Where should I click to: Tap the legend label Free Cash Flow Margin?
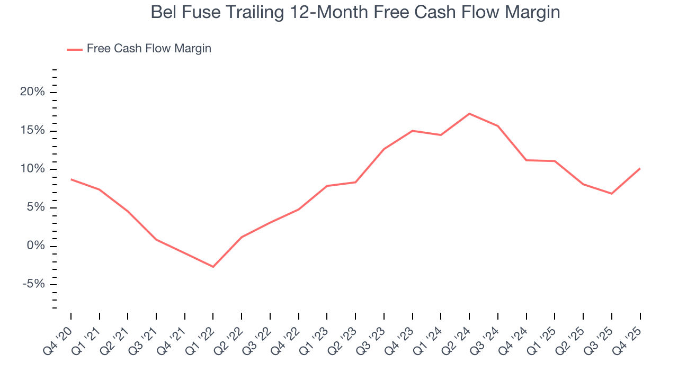tap(149, 49)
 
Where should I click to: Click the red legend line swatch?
tap(74, 49)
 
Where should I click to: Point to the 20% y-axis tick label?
tap(32, 93)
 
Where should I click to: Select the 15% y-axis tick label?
tap(32, 131)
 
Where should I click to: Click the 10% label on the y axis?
tap(32, 169)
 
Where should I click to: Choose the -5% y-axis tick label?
tap(32, 284)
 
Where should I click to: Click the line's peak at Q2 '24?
tap(469, 114)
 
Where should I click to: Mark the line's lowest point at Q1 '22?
tap(213, 267)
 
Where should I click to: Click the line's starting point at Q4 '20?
tap(71, 179)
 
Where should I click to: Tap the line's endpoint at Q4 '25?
tap(640, 169)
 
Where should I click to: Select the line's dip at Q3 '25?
tap(611, 194)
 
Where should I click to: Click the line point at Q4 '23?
tap(412, 131)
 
